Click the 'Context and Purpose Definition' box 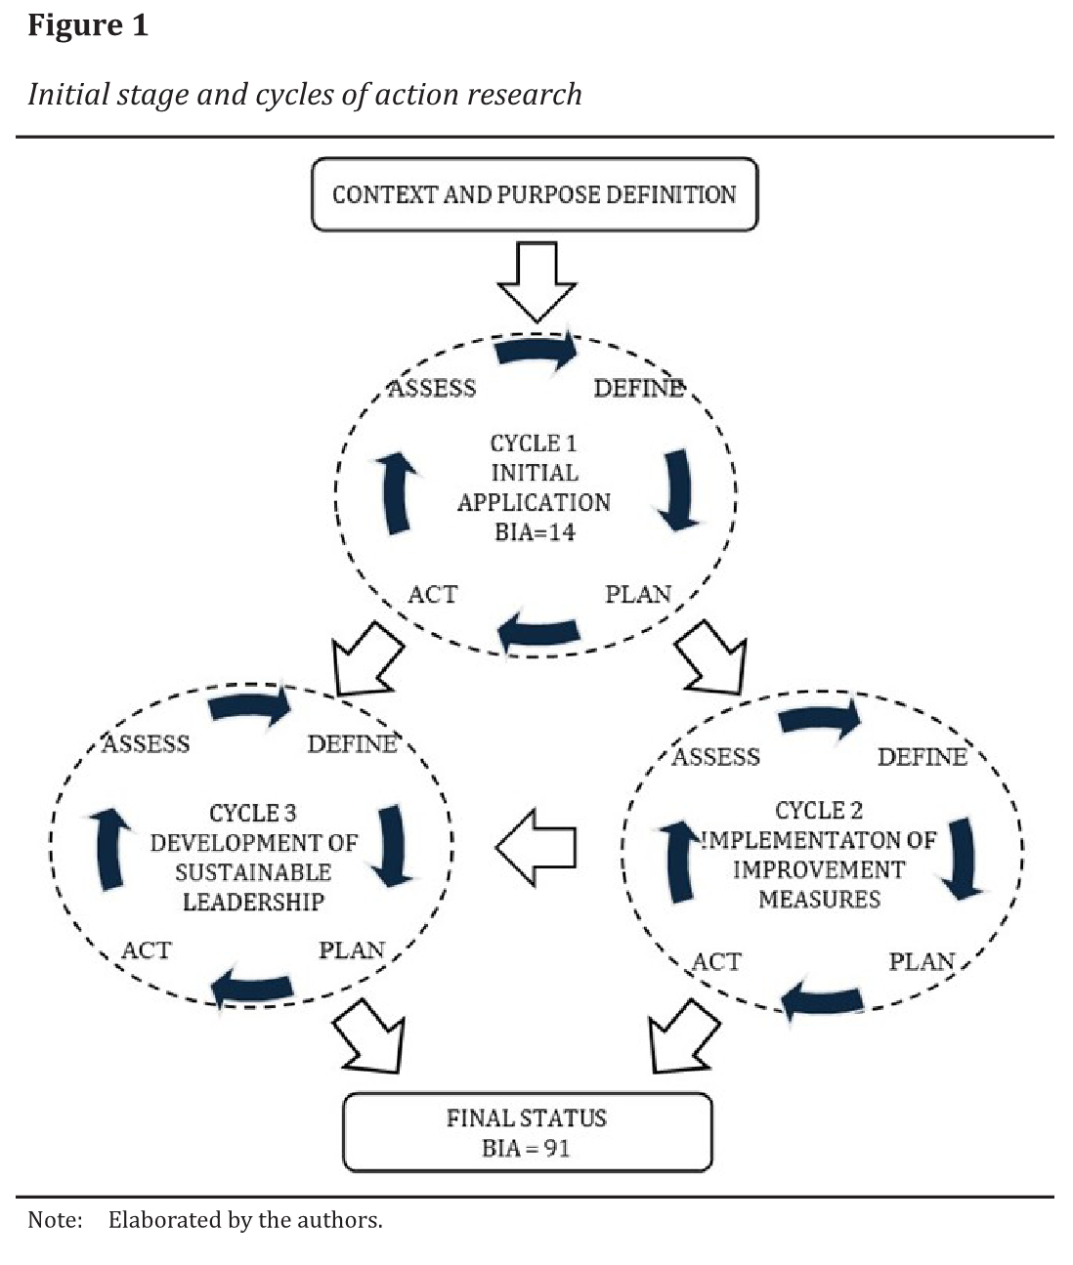[534, 194]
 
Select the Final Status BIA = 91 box [527, 1132]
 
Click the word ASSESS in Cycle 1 [432, 389]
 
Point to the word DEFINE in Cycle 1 [639, 389]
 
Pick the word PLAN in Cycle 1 [638, 594]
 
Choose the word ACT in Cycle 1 [432, 594]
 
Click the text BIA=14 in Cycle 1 [535, 532]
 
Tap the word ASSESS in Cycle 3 [147, 744]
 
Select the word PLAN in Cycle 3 [352, 949]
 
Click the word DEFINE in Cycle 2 [922, 757]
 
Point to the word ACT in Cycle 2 [716, 962]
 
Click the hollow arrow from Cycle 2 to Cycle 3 [536, 847]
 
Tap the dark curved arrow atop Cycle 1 [536, 352]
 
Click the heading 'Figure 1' [88, 25]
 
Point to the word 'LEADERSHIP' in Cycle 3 [253, 902]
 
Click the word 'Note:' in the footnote [55, 1220]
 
